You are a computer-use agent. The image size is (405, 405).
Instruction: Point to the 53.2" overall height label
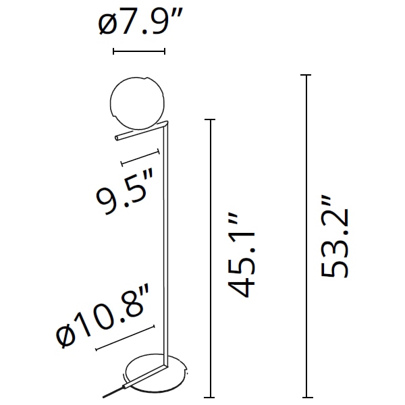coord(335,236)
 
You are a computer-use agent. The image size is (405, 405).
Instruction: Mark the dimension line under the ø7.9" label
coord(139,51)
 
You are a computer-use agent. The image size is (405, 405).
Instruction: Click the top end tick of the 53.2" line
coord(307,76)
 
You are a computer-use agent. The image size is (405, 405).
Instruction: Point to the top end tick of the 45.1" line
coord(212,120)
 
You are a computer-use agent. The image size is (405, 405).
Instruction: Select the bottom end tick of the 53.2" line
coord(307,396)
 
